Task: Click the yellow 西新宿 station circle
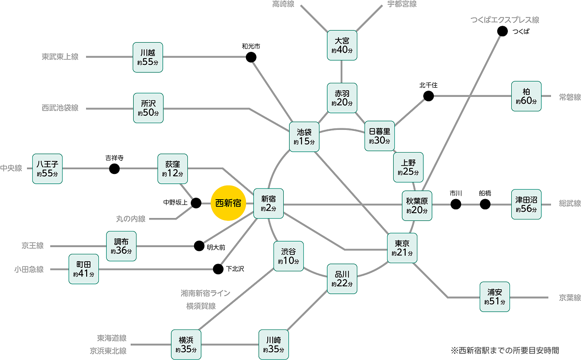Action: (228, 203)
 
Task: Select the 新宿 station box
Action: (269, 203)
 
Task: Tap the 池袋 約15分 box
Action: (304, 137)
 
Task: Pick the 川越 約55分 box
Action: (148, 58)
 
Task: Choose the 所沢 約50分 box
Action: (148, 108)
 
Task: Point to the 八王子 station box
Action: (47, 169)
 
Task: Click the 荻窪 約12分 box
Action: (173, 169)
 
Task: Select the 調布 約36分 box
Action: (121, 246)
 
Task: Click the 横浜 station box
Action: (186, 344)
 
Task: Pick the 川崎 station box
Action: (274, 344)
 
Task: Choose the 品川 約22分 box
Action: (342, 279)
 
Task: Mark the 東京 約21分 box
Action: (402, 248)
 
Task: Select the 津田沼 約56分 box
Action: (526, 204)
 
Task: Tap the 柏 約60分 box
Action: (526, 96)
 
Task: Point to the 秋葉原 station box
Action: (417, 205)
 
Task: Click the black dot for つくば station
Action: (502, 31)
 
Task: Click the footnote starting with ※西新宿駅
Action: (505, 349)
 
